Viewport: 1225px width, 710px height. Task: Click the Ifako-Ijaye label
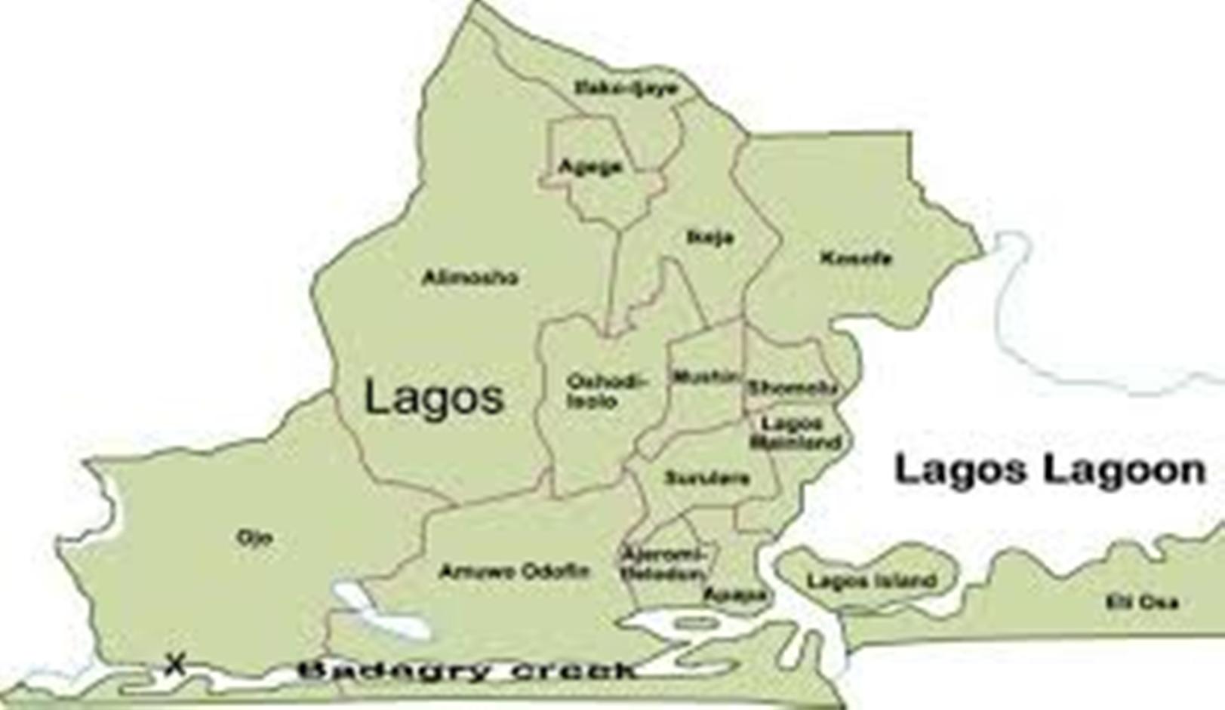tap(626, 88)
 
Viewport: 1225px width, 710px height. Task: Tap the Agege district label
tap(590, 166)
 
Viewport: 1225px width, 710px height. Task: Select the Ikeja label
tap(710, 238)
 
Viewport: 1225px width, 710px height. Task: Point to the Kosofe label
tap(856, 259)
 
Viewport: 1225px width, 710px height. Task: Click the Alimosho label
tap(470, 278)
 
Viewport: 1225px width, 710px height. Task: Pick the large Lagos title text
tap(434, 398)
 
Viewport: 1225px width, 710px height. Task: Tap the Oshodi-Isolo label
tap(606, 392)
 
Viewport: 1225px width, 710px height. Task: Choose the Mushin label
tap(705, 377)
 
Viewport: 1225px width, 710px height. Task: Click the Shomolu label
tap(792, 388)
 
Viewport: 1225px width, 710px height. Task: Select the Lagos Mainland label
tap(795, 432)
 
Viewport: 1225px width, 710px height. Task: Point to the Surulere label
tap(706, 478)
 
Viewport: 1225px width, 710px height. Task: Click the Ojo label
tap(254, 538)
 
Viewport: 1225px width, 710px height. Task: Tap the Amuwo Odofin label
tap(513, 571)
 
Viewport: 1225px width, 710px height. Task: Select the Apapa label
tap(734, 595)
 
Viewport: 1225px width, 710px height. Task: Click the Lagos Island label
tap(872, 581)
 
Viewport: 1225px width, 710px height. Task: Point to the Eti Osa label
tap(1141, 602)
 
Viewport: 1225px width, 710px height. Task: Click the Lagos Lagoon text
tap(1050, 470)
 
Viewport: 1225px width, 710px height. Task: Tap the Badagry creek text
tap(467, 670)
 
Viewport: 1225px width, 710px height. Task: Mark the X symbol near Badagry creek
tap(175, 664)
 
